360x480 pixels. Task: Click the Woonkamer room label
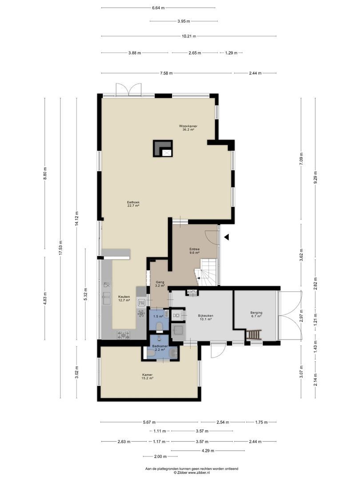pos(188,128)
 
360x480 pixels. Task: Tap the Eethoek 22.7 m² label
pos(133,204)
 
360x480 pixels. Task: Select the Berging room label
pos(255,315)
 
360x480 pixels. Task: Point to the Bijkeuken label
pos(205,317)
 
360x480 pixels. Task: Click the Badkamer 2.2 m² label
pos(159,348)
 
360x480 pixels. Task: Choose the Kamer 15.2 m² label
pos(148,376)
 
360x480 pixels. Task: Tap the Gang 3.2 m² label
pos(160,284)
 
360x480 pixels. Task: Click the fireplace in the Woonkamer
pos(163,148)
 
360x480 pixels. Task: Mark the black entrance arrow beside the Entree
pos(226,237)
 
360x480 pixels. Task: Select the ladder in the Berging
pos(255,334)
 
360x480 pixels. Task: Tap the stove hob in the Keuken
pos(124,335)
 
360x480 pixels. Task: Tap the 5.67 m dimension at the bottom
pos(150,422)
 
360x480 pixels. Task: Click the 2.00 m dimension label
pos(160,456)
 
